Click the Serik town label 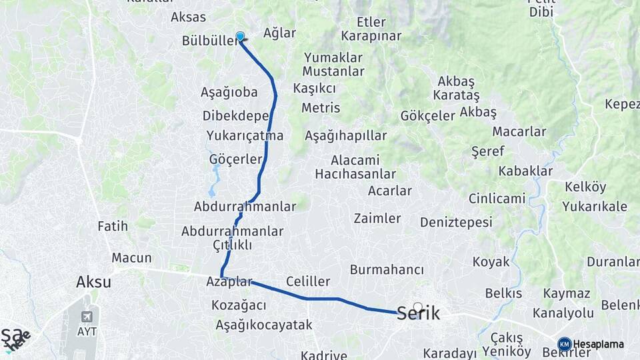[x=418, y=313]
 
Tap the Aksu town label [x=93, y=282]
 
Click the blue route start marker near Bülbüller [x=240, y=37]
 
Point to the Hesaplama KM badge [x=565, y=344]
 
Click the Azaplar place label [x=229, y=282]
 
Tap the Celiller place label [x=308, y=281]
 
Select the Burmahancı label [x=387, y=270]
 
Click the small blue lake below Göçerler [x=215, y=176]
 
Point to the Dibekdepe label [x=235, y=115]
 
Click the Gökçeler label [x=427, y=115]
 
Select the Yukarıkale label [x=595, y=207]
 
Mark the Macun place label [x=131, y=258]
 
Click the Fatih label [x=112, y=227]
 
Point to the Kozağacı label [x=239, y=305]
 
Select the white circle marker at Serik [x=417, y=307]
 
